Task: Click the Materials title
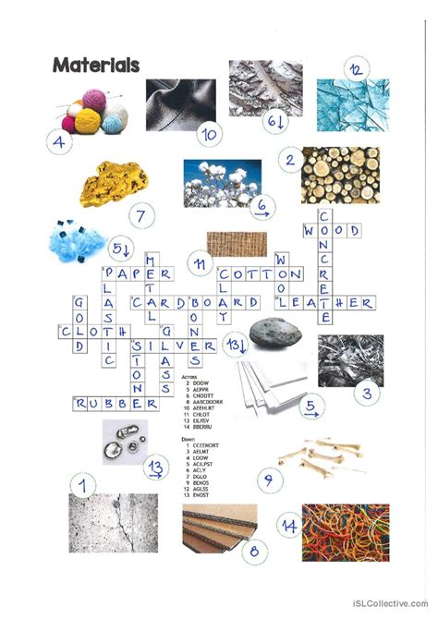[96, 65]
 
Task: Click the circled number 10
[210, 135]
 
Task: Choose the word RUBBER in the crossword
[116, 404]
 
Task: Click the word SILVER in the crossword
[174, 346]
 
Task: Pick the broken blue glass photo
[352, 104]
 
